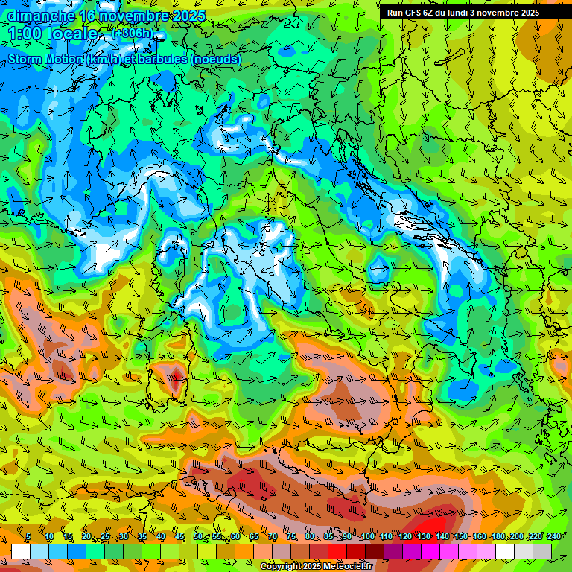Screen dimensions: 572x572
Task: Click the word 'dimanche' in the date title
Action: coord(41,16)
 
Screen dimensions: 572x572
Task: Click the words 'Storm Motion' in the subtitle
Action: coord(44,59)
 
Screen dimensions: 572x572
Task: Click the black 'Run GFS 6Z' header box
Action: coord(463,13)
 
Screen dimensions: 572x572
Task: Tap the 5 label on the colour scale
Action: coord(28,537)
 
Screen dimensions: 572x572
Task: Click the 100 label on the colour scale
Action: coord(367,537)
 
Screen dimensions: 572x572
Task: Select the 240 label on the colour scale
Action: coord(554,537)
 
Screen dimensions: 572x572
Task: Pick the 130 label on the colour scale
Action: coord(423,537)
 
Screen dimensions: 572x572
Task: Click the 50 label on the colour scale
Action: coord(198,537)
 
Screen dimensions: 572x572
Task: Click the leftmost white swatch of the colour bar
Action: coord(21,551)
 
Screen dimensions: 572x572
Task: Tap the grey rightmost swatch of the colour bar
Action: coord(542,551)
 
